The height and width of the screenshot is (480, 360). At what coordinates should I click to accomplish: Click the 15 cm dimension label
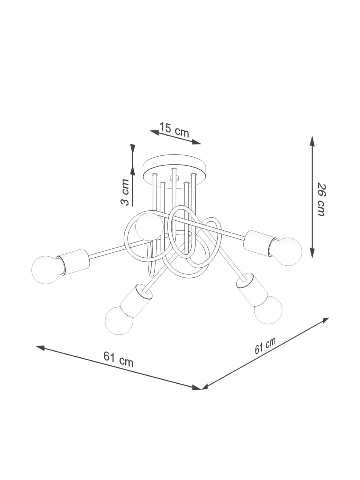coord(174,130)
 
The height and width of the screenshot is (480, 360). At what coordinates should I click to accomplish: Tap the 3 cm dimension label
coord(125,192)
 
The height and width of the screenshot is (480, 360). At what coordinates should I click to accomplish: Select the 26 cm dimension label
coord(321,199)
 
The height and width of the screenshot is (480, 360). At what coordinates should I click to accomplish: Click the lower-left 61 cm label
coord(118,359)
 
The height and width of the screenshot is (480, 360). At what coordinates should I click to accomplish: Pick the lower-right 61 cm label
coord(265,345)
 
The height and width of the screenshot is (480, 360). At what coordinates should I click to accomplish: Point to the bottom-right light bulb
coord(268,310)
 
